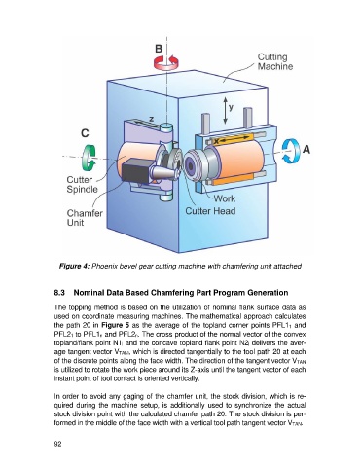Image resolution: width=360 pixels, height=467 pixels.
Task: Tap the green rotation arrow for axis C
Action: click(88, 158)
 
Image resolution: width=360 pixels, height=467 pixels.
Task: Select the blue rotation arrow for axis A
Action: click(290, 151)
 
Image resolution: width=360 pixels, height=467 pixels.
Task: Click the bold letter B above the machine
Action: click(159, 49)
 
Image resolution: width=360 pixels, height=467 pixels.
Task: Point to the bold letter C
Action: click(85, 133)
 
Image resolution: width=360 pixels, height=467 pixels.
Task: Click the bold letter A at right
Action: click(306, 150)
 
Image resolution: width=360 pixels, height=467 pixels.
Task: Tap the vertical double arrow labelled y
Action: click(225, 111)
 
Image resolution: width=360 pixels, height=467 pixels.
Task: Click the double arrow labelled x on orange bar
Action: click(235, 139)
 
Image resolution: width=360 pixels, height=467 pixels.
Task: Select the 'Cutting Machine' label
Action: click(275, 61)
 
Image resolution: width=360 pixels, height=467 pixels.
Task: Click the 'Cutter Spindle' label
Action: click(82, 185)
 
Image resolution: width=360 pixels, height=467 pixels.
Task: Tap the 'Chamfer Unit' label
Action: click(85, 218)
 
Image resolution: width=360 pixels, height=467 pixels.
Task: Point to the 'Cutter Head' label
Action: click(210, 211)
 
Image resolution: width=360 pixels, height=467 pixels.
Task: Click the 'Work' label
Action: click(225, 198)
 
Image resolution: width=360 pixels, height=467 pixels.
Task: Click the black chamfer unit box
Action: click(137, 171)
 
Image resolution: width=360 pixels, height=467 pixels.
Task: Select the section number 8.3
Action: click(59, 293)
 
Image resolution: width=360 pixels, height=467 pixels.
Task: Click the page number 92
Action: click(57, 444)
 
